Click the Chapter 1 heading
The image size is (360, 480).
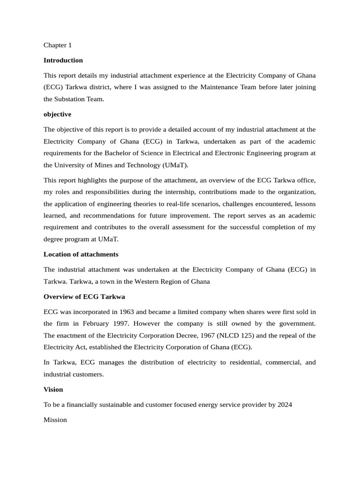coord(57,45)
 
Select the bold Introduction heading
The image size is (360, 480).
coord(63,60)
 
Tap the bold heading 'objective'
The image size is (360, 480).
coord(57,114)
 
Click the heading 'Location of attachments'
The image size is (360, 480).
coord(81,254)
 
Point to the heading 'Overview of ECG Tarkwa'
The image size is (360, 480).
coord(84,297)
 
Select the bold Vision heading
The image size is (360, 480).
coord(53,390)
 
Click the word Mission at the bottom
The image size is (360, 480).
coord(55,420)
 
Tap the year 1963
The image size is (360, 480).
coord(126,312)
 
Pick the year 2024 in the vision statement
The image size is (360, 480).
coord(285,405)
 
